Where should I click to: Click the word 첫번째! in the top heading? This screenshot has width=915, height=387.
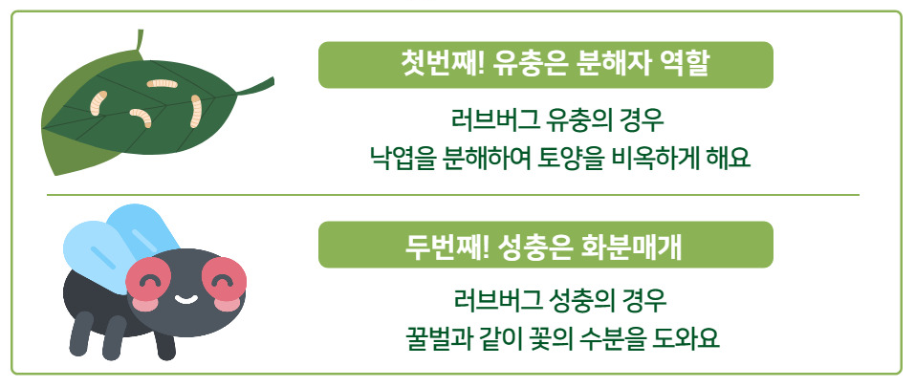[436, 65]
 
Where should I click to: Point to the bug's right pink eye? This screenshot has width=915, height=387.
[223, 278]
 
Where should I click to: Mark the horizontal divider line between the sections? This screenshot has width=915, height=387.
[453, 194]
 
